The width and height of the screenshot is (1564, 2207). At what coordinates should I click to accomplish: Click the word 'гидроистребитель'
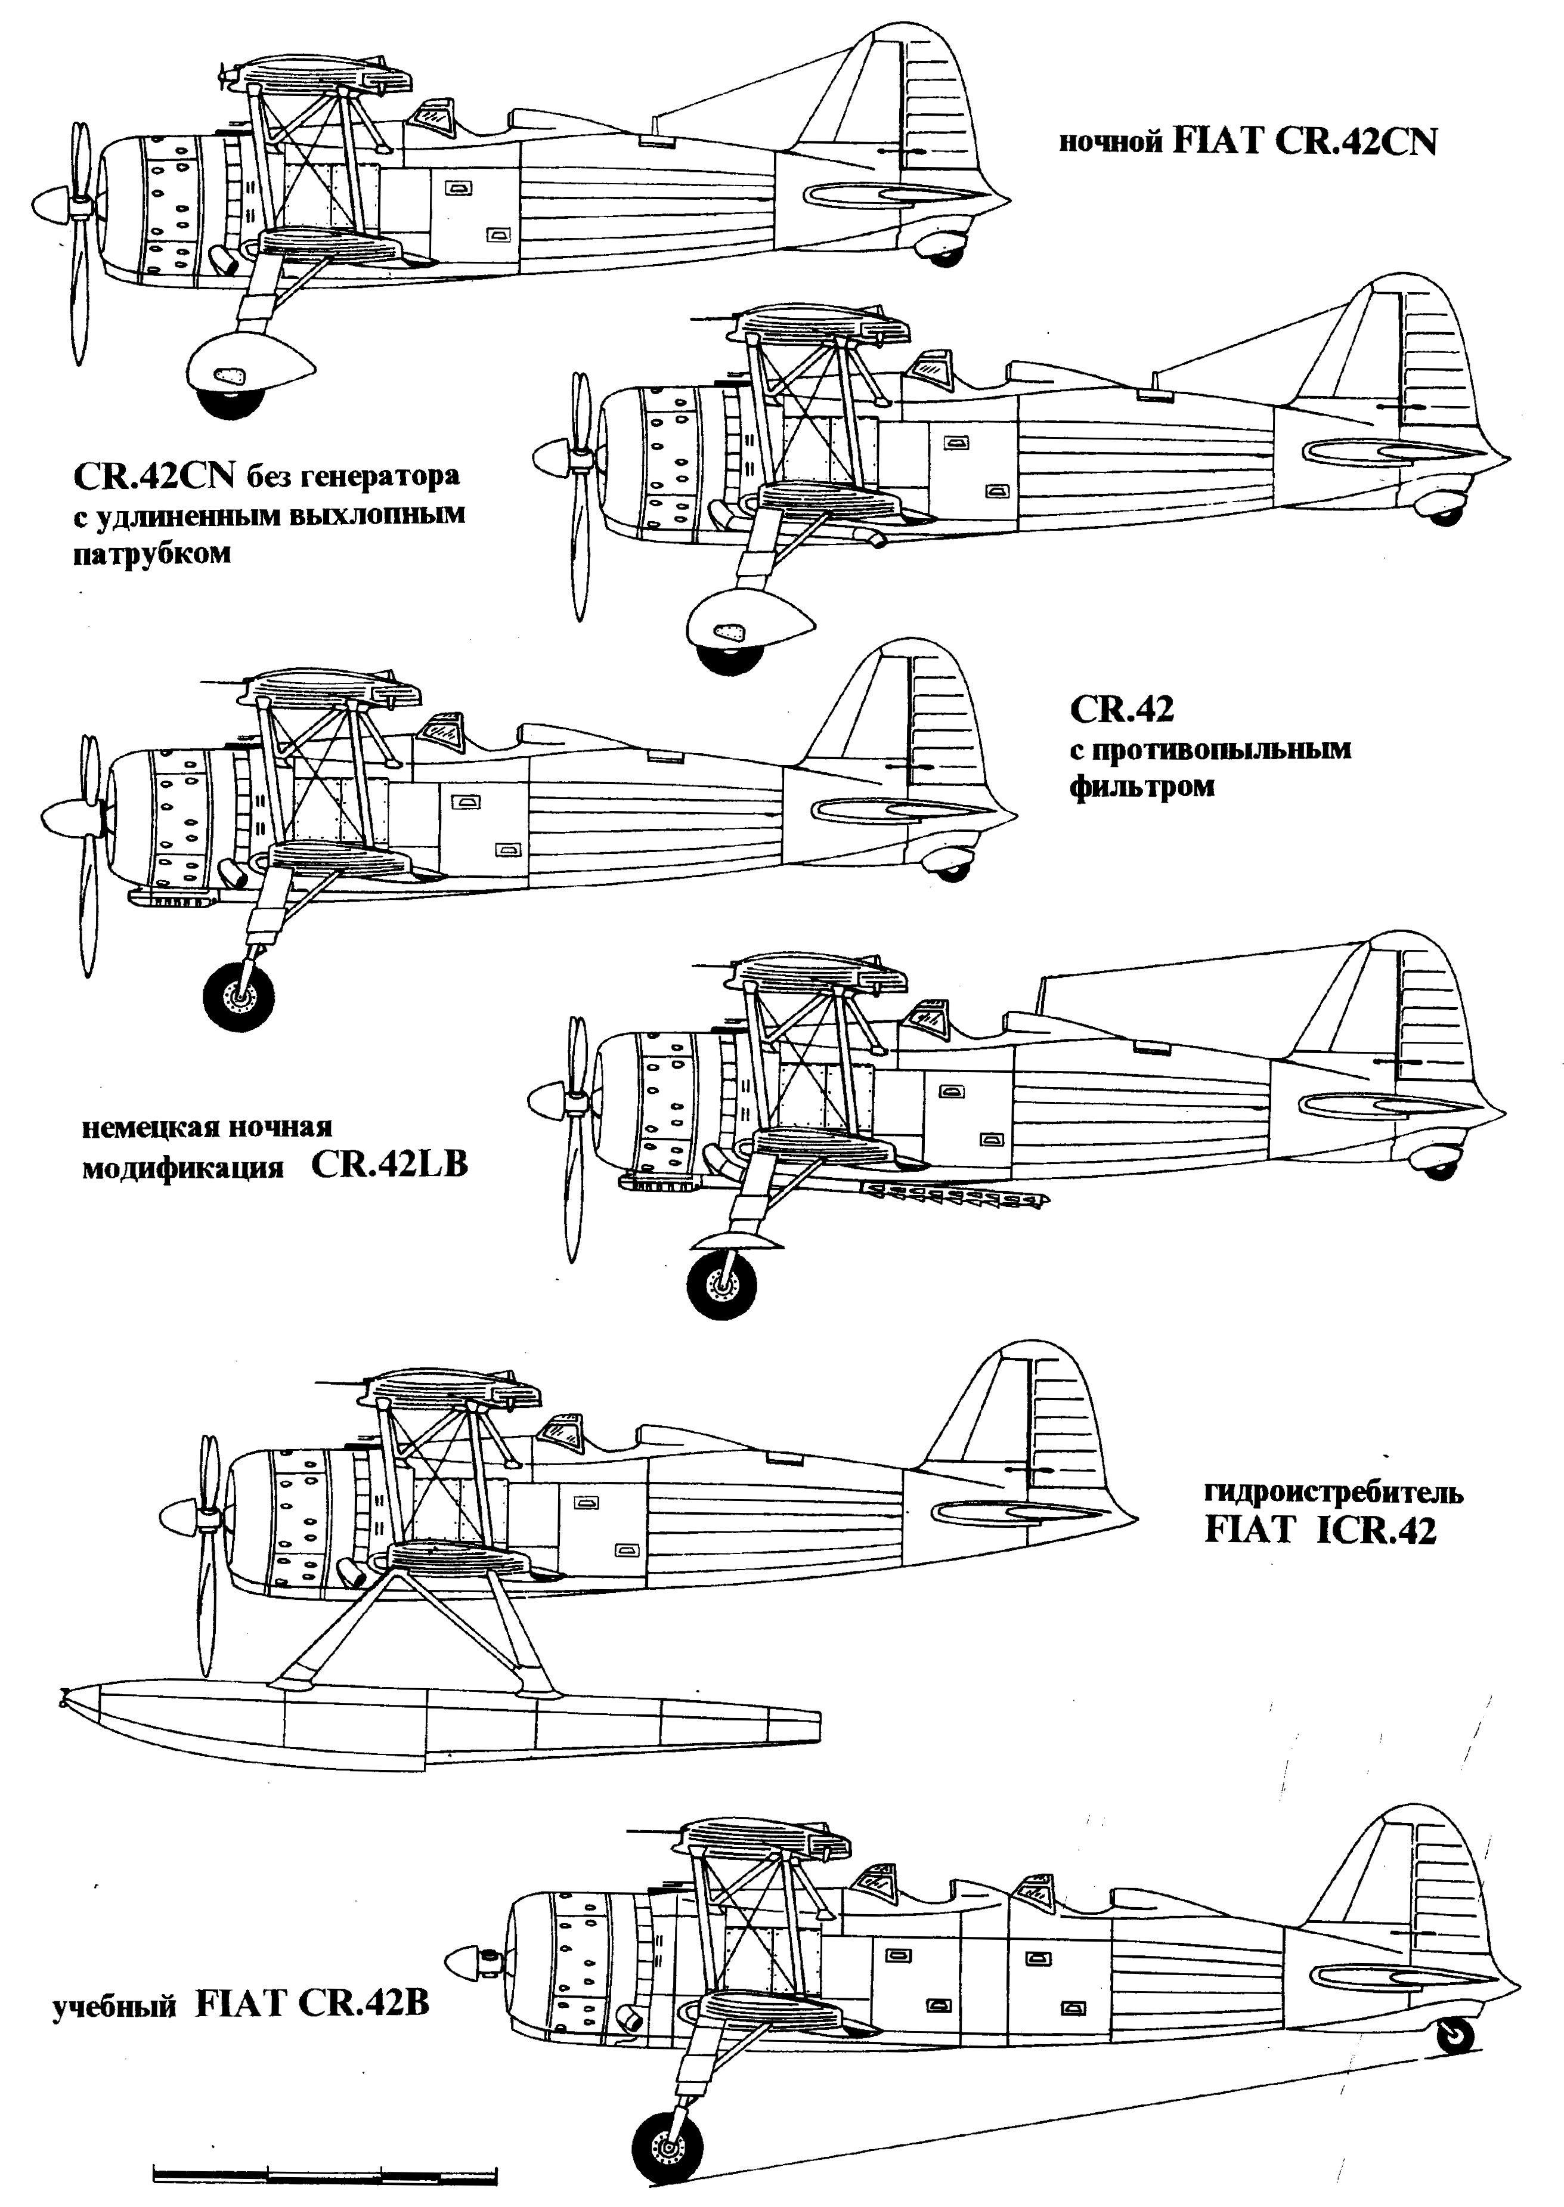pyautogui.click(x=1333, y=1493)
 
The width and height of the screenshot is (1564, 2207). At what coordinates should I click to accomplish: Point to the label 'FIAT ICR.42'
pyautogui.click(x=1320, y=1531)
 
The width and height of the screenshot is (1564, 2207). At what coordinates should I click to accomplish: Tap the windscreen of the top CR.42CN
pyautogui.click(x=433, y=117)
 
